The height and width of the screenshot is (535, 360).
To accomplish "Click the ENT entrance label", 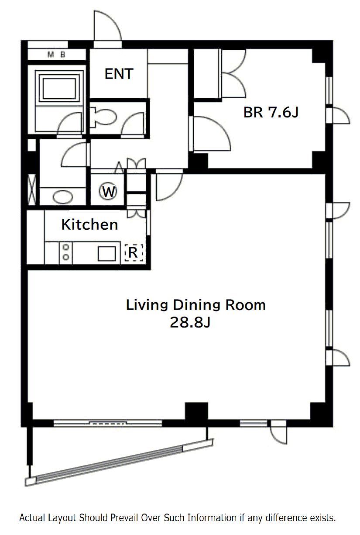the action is (119, 74).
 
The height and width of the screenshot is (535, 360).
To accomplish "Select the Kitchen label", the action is (90, 224).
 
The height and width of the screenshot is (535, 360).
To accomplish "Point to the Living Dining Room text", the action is (195, 305).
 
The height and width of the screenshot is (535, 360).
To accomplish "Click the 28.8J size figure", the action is (190, 322).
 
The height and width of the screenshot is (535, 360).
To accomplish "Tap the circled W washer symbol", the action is (108, 191).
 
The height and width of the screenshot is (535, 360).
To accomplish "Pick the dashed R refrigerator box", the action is (134, 252).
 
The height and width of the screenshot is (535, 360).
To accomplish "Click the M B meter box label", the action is (56, 55).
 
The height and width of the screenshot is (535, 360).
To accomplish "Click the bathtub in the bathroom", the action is (59, 88).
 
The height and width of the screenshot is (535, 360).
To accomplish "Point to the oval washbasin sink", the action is (63, 197).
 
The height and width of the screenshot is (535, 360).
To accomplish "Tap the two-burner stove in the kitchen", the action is (66, 252).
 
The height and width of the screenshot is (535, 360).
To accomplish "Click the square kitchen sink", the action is (107, 253).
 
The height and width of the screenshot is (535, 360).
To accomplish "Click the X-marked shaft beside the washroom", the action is (32, 190).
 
